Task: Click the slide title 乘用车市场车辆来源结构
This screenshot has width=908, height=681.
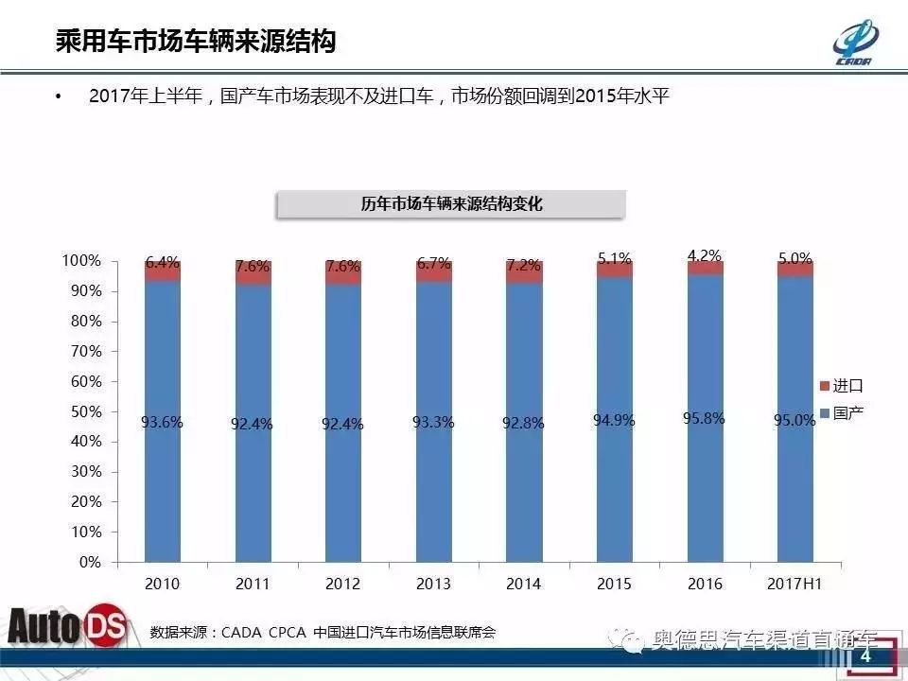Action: [195, 42]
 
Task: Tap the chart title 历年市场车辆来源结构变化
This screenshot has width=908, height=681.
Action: [451, 203]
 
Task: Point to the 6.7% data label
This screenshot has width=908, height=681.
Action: [433, 263]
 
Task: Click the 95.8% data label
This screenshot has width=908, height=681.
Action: [704, 417]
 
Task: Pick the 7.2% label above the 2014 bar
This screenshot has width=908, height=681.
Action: [524, 267]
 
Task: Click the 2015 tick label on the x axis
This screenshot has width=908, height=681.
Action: [614, 584]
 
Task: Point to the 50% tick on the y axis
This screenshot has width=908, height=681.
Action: [82, 411]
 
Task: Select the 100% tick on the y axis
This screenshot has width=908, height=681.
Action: [80, 260]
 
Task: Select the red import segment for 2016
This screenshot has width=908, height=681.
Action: [705, 269]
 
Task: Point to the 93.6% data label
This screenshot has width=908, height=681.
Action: [162, 423]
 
